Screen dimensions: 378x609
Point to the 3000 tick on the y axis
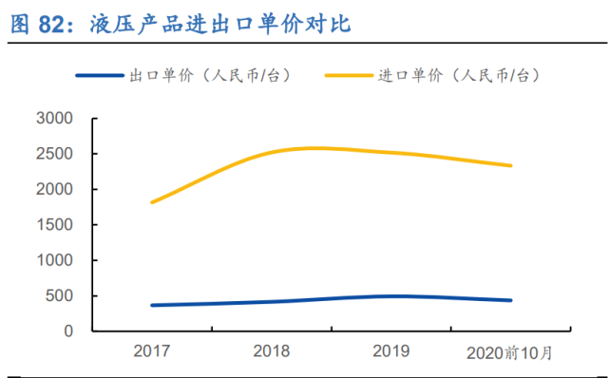point(54,119)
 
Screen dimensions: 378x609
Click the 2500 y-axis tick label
point(54,154)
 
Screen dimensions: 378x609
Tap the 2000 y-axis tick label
point(54,190)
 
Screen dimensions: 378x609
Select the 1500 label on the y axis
point(54,225)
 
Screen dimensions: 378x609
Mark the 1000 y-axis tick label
point(54,260)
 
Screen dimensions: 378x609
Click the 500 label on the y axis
point(59,296)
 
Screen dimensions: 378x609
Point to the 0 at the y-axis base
point(68,331)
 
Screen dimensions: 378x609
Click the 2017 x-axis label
point(151,351)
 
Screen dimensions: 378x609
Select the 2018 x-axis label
point(271,351)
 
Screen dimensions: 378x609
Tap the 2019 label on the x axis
point(391,351)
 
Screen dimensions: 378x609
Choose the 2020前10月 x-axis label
point(510,352)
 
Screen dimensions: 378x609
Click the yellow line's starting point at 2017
point(152,202)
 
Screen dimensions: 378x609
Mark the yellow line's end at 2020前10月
point(511,165)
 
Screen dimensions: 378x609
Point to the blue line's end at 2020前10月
point(511,300)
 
